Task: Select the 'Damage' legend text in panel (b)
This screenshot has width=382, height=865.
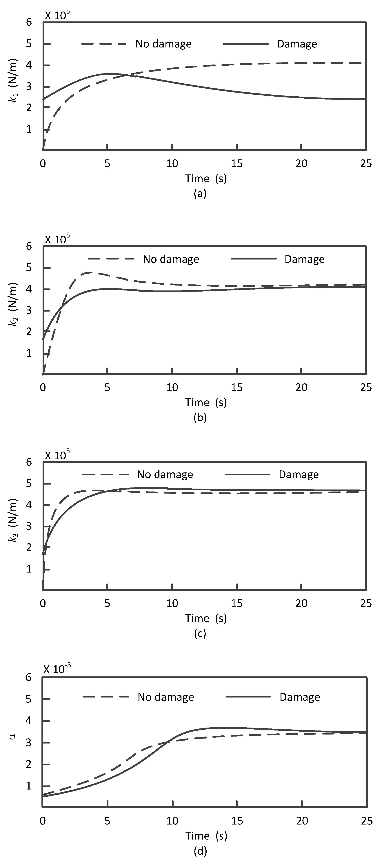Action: pyautogui.click(x=304, y=259)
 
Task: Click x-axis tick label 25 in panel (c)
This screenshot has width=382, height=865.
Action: pyautogui.click(x=366, y=603)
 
